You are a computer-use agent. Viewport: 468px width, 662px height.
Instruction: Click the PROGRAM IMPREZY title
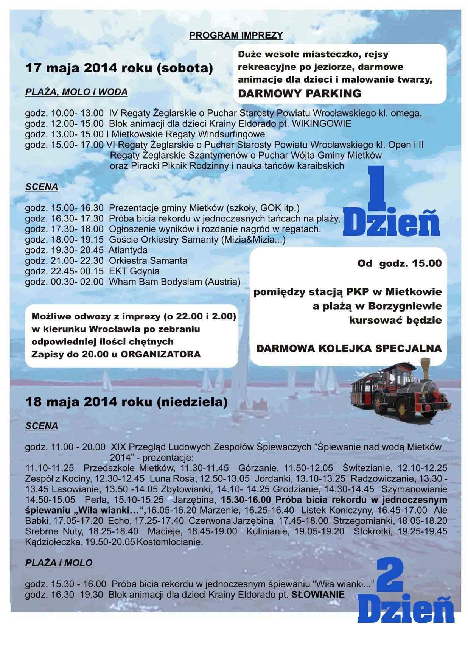click(236, 36)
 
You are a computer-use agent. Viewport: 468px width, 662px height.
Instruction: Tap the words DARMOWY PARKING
click(299, 93)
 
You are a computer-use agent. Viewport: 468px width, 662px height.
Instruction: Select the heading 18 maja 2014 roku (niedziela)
click(126, 402)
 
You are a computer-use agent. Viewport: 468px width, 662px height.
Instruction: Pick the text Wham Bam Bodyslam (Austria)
click(174, 282)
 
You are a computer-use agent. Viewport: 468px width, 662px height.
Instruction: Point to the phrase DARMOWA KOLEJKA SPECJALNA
click(349, 349)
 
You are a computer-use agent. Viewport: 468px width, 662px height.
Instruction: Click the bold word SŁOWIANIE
click(318, 595)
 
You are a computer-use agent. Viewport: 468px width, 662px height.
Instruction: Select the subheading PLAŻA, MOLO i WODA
click(76, 92)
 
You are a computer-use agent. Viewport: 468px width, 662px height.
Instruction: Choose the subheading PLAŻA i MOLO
click(59, 563)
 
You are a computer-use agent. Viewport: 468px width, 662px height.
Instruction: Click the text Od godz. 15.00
click(400, 263)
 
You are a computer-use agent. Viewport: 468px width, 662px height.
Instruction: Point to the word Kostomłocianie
click(170, 542)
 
